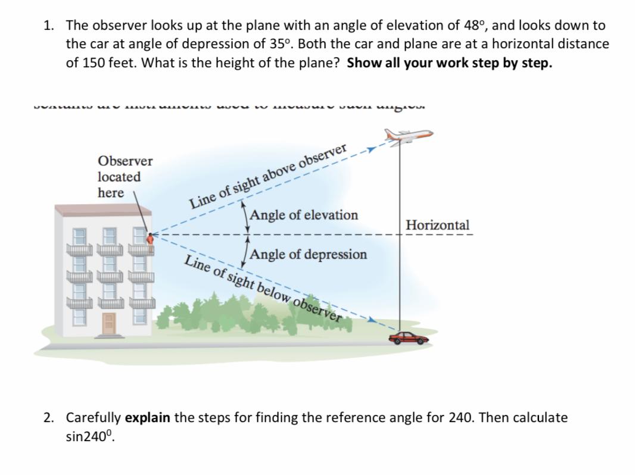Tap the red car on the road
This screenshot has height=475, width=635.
(x=408, y=337)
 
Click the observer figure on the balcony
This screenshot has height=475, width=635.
(x=151, y=238)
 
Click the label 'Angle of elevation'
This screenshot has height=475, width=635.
(x=304, y=215)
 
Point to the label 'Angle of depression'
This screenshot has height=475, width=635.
(x=309, y=255)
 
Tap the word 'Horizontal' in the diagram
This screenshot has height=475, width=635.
(x=437, y=226)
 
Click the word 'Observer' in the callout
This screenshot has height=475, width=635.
(x=125, y=161)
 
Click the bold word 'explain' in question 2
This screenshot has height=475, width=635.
(x=148, y=417)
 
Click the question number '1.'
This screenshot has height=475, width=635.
(x=49, y=26)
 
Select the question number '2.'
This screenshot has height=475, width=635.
(x=49, y=417)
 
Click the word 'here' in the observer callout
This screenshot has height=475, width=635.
(x=111, y=193)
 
